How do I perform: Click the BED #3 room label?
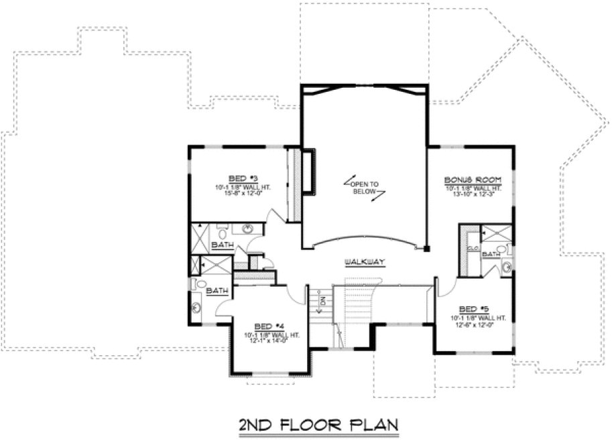238,178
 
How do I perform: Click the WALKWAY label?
364,261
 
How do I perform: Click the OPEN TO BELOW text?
365,187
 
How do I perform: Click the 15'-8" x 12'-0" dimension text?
238,194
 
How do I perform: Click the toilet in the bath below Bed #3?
225,230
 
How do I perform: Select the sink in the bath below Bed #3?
248,229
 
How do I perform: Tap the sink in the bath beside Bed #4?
197,309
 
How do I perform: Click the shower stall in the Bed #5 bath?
497,234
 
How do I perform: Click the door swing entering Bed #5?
445,288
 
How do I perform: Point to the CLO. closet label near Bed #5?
472,248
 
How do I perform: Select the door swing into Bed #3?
275,216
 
